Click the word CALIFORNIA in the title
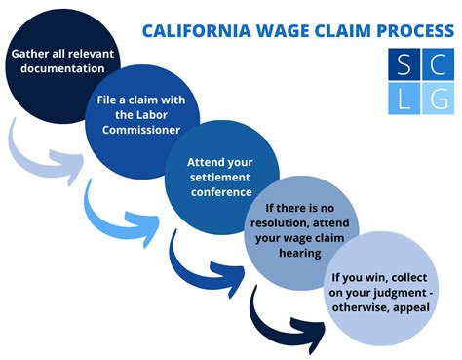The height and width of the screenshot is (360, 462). [x=192, y=29]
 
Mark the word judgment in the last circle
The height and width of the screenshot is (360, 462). [x=388, y=294]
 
